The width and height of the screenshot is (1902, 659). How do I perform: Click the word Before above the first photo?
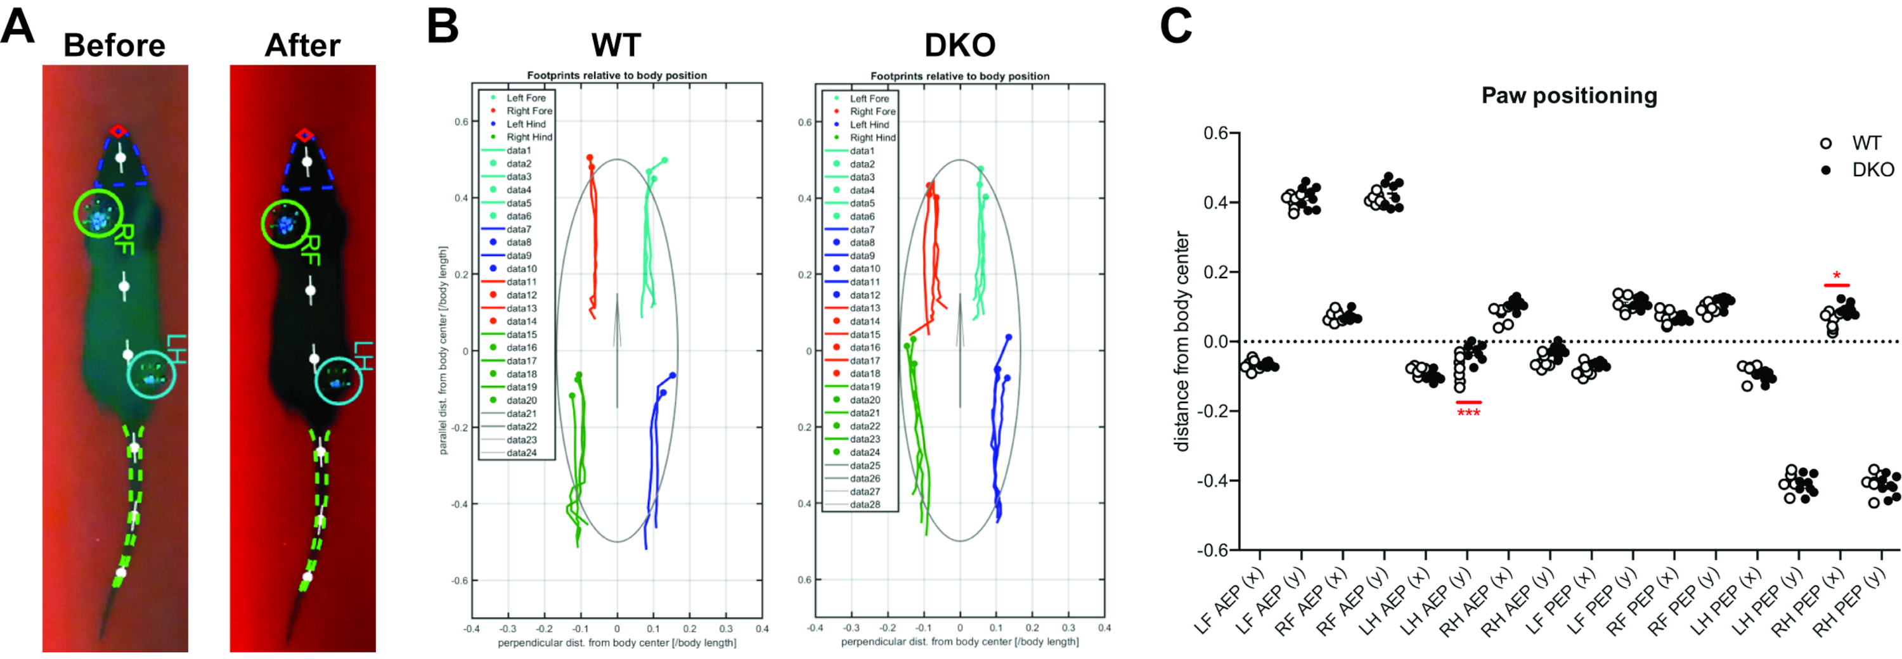pyautogui.click(x=115, y=46)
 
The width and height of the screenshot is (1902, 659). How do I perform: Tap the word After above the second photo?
pyautogui.click(x=302, y=46)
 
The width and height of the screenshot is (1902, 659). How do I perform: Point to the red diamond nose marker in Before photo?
pyautogui.click(x=117, y=131)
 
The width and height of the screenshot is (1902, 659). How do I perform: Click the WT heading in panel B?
pyautogui.click(x=616, y=46)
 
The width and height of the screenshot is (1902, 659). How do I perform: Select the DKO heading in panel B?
pyautogui.click(x=959, y=46)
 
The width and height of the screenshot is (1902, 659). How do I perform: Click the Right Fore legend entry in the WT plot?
pyautogui.click(x=529, y=111)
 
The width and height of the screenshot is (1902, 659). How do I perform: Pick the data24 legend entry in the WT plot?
pyautogui.click(x=521, y=452)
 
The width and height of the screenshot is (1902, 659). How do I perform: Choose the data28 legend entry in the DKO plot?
pyautogui.click(x=865, y=504)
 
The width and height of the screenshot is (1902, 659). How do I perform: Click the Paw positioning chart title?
pyautogui.click(x=1569, y=96)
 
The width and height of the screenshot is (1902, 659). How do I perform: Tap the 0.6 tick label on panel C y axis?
pyautogui.click(x=1215, y=134)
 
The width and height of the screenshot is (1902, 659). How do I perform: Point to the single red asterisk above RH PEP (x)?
pyautogui.click(x=1836, y=277)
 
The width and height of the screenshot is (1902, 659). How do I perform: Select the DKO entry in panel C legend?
pyautogui.click(x=1872, y=170)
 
